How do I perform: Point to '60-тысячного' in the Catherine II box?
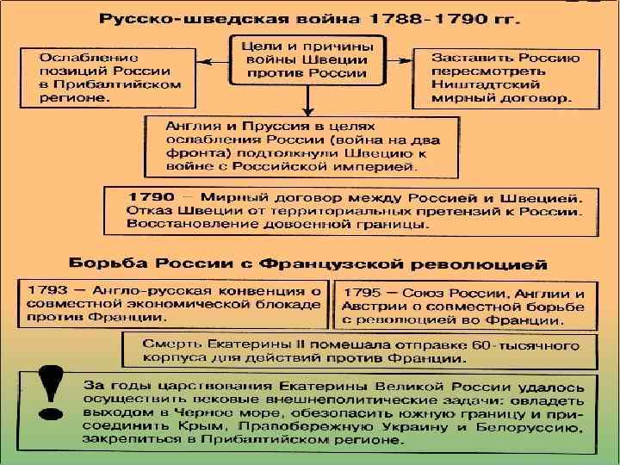click(529, 343)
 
